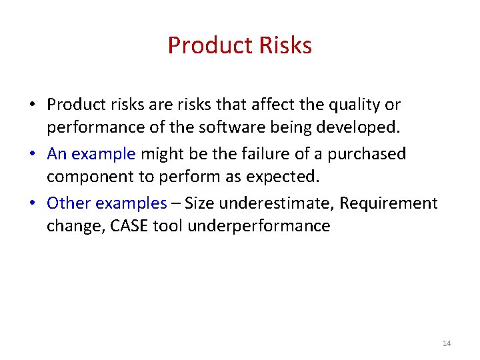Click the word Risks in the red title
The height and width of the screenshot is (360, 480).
point(284,45)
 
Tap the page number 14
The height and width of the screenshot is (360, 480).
point(446,343)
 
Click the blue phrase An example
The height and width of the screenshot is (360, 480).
point(91,154)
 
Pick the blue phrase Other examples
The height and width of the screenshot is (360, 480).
point(107,203)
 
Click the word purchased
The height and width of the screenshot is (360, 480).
point(367,154)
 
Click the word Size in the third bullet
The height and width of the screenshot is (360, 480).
point(200,203)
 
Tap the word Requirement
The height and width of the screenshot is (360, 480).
point(389,203)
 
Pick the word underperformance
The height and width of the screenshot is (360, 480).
point(259,226)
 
